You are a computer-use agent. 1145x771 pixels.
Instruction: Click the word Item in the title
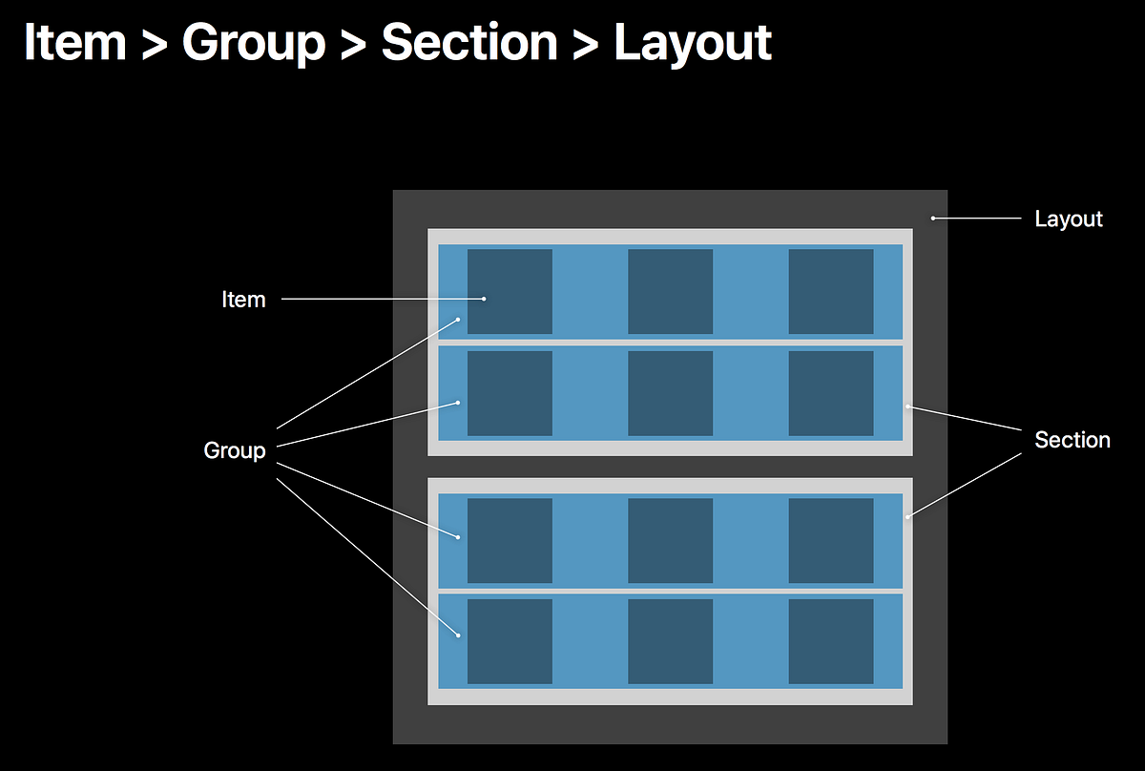point(73,42)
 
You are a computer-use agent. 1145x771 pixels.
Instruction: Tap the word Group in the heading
point(253,42)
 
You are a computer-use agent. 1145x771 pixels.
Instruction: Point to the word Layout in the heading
point(692,42)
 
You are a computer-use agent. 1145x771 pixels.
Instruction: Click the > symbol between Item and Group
point(154,44)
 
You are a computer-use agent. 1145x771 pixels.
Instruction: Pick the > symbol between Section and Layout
point(584,44)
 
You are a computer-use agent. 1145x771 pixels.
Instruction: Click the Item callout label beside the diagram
point(243,300)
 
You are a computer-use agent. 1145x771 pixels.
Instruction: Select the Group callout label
point(235,450)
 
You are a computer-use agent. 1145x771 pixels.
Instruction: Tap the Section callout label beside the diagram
point(1072,440)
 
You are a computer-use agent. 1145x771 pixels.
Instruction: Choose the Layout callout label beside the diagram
point(1069,219)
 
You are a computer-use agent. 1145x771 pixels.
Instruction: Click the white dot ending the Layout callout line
point(933,219)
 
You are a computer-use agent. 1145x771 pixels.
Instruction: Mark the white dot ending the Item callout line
point(484,299)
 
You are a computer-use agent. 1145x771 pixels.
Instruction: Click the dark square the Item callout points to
point(510,291)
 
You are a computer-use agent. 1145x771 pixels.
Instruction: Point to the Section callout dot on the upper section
point(907,407)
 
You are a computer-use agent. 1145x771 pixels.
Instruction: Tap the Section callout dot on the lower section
point(907,517)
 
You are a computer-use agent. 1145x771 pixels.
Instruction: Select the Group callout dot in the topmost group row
point(458,320)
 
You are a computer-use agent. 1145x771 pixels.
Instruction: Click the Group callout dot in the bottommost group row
point(458,636)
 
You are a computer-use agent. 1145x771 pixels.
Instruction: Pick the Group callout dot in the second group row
point(458,403)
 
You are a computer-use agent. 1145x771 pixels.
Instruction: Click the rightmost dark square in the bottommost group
point(830,641)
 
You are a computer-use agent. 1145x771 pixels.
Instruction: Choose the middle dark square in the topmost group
point(670,291)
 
